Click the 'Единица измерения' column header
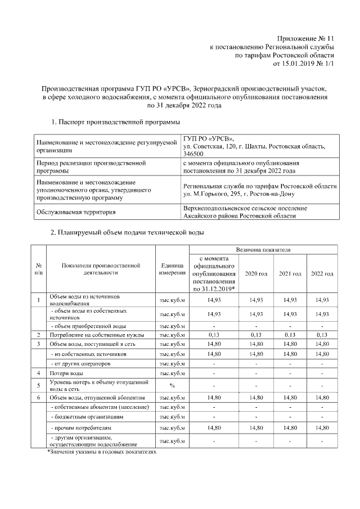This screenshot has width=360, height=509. (x=172, y=269)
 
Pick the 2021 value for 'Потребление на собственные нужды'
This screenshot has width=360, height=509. (x=289, y=335)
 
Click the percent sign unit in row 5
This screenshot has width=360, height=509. (x=172, y=385)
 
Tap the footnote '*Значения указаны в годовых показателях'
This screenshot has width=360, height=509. (x=101, y=451)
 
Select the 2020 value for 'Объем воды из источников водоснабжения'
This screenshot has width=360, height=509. (x=256, y=300)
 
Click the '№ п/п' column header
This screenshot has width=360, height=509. (x=39, y=269)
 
